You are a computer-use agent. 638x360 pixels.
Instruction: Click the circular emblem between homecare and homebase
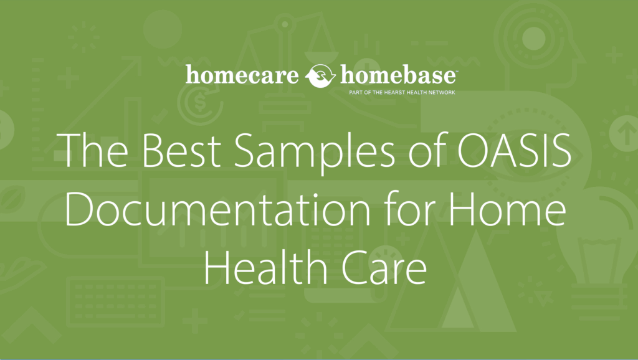[x=321, y=77]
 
